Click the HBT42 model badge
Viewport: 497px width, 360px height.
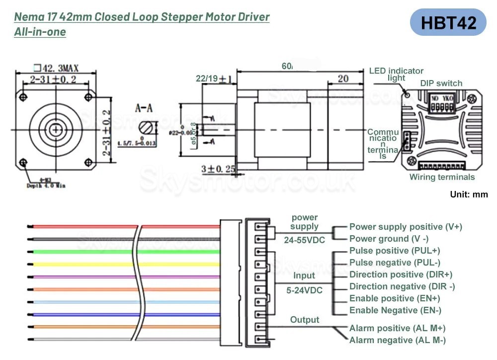(x=448, y=22)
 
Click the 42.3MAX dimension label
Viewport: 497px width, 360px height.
(x=56, y=68)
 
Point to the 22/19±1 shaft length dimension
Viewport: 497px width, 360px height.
(x=214, y=79)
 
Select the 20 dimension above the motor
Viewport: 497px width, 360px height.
(x=342, y=78)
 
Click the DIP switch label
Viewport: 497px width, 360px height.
(x=441, y=84)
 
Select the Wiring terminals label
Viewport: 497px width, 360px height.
(x=442, y=177)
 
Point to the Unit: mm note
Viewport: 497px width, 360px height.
(x=469, y=194)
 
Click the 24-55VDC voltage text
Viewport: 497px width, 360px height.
(x=305, y=240)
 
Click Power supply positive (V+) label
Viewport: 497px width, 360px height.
(x=406, y=227)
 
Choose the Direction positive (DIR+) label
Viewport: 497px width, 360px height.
(x=401, y=274)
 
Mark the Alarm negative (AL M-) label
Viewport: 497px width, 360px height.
(x=397, y=340)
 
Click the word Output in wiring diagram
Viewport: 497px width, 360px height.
(x=305, y=320)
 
